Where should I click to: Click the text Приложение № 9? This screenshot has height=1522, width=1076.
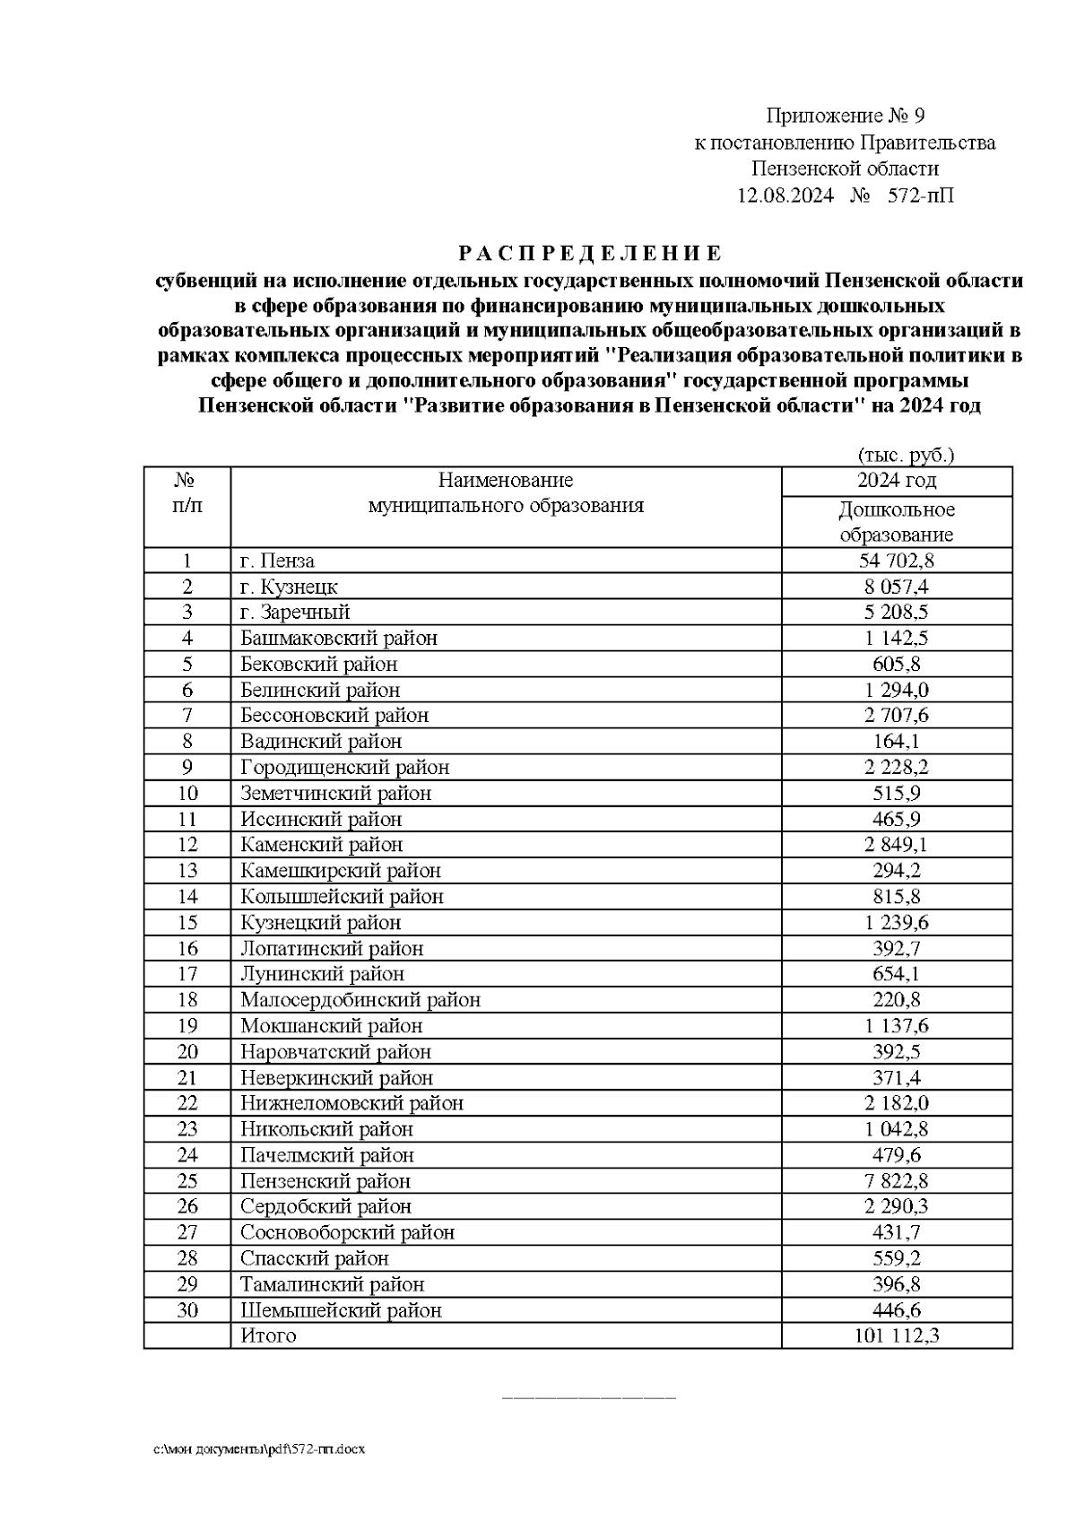[x=844, y=117]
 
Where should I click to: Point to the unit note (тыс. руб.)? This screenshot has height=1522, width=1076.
[x=906, y=455]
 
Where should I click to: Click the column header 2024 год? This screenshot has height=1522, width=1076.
[x=897, y=481]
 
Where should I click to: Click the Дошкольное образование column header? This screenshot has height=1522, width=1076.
[x=897, y=522]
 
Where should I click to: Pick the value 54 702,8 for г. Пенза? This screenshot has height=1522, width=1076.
[x=897, y=561]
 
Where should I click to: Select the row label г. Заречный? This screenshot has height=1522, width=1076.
[x=295, y=613]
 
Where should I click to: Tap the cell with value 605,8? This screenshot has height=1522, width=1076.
[x=897, y=665]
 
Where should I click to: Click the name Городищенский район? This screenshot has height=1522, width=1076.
[x=344, y=768]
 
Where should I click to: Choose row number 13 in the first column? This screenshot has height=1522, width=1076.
[x=187, y=871]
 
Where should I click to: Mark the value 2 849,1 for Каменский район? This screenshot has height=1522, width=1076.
[x=897, y=845]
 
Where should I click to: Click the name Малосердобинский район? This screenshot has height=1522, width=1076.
[x=360, y=1000]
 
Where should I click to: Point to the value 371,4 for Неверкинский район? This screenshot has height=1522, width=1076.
[x=897, y=1077]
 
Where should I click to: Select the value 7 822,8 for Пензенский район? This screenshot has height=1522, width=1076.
[x=897, y=1181]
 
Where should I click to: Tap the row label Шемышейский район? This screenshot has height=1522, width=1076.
[x=341, y=1310]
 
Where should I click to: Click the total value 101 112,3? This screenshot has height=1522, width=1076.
[x=897, y=1336]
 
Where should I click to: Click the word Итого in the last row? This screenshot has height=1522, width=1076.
[x=268, y=1336]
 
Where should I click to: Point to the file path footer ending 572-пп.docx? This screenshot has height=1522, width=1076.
[x=259, y=1449]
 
